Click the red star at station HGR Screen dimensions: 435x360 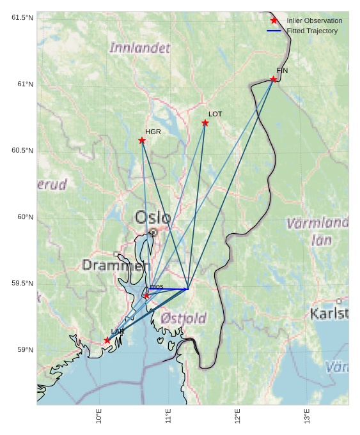(142, 141)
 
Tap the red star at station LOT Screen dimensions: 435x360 (205, 123)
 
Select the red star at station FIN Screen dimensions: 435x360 (274, 79)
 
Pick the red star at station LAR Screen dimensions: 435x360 (107, 340)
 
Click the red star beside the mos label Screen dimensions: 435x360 (146, 296)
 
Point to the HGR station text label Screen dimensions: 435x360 (153, 132)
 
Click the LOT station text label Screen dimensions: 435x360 (215, 114)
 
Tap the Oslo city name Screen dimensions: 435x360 (153, 218)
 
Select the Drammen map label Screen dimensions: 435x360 (116, 265)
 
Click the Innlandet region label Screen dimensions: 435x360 (140, 48)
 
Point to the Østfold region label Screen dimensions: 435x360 (184, 318)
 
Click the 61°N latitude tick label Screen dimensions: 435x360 (22, 84)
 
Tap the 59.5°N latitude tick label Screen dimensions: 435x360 (22, 284)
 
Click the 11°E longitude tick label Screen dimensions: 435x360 (168, 416)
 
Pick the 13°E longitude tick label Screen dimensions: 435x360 (307, 416)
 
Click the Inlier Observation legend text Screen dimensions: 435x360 (314, 20)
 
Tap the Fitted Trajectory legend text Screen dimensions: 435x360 (312, 31)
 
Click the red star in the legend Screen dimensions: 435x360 (274, 20)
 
